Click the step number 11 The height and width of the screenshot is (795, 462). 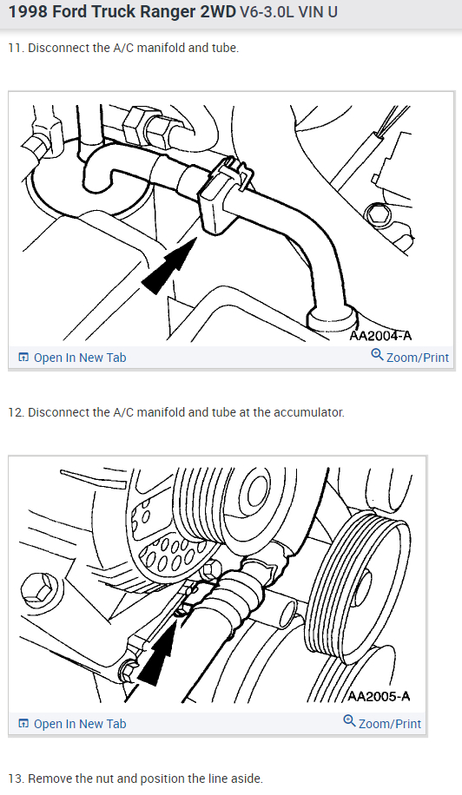tap(16, 48)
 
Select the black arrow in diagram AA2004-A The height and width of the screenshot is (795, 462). tap(168, 266)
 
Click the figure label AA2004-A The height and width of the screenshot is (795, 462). tap(380, 336)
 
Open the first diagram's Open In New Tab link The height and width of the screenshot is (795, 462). tap(80, 358)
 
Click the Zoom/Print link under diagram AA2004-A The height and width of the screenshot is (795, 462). tap(418, 358)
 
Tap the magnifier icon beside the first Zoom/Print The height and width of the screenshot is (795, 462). tap(377, 355)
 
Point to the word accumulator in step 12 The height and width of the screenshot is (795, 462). tap(308, 413)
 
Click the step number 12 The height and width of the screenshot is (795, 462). tap(16, 413)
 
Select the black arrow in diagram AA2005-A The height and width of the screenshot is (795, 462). tap(156, 653)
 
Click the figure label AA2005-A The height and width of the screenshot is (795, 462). tap(379, 696)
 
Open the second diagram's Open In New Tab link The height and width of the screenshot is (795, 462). tap(80, 724)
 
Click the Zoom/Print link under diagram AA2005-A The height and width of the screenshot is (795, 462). tap(389, 724)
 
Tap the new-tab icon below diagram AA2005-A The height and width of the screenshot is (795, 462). tap(23, 724)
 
